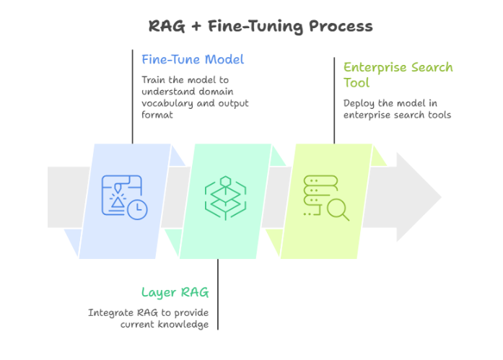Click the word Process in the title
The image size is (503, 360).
(x=341, y=27)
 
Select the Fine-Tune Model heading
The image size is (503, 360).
(x=192, y=59)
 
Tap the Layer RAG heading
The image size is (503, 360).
(x=175, y=292)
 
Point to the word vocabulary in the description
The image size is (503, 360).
(x=167, y=103)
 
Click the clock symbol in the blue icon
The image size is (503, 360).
(x=137, y=209)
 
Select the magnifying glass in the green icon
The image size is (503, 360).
(x=337, y=208)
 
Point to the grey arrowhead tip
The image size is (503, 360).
(x=439, y=197)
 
